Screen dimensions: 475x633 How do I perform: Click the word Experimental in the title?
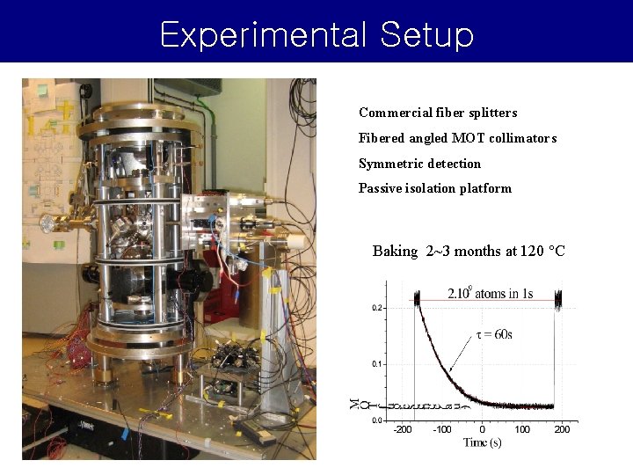click(261, 34)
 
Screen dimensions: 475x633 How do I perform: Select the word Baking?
click(395, 252)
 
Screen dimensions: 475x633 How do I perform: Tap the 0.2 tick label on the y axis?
click(375, 308)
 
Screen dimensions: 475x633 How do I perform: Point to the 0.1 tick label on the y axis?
click(375, 363)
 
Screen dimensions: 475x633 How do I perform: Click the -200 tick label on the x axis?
click(402, 429)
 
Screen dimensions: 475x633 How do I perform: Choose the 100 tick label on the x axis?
click(522, 429)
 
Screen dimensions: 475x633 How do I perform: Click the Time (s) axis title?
click(482, 442)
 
